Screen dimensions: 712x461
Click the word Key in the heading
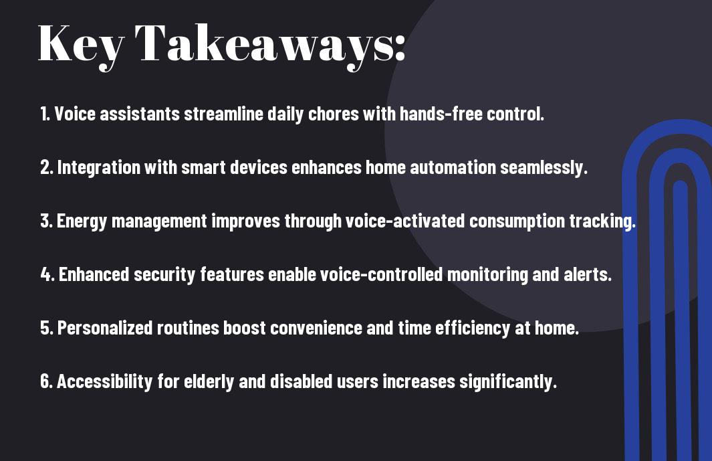click(81, 46)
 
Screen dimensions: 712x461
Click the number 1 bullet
click(45, 114)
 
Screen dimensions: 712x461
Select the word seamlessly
click(544, 168)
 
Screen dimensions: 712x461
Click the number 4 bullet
click(47, 274)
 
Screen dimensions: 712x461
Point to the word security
click(164, 275)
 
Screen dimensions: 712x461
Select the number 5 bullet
click(47, 328)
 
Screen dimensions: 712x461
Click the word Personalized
click(105, 328)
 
